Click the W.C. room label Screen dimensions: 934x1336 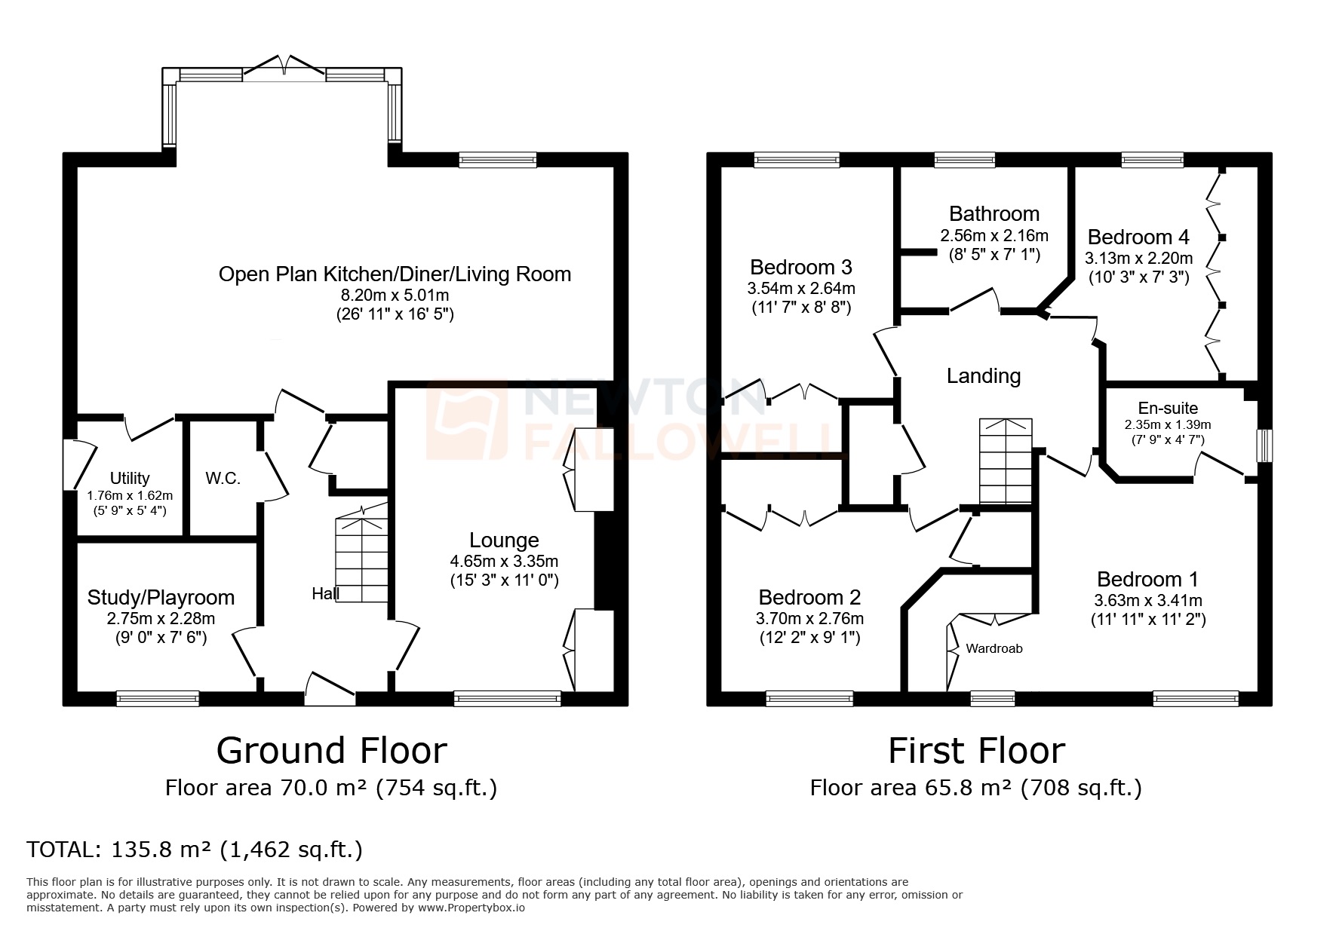click(223, 479)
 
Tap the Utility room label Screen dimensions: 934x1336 click(130, 478)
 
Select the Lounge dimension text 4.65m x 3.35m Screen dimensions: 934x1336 click(504, 562)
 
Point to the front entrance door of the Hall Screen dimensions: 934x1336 click(330, 690)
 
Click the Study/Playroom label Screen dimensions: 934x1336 click(161, 598)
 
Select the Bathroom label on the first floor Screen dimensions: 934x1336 click(994, 214)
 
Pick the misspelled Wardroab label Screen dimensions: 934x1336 click(994, 648)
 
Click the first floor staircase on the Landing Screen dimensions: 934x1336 click(1005, 461)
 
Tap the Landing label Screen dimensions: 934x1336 click(984, 375)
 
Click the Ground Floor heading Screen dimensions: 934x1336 click(331, 751)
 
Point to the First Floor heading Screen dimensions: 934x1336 click(976, 751)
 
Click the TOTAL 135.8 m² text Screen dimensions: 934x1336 click(195, 850)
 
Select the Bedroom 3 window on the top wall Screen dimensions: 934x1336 click(796, 159)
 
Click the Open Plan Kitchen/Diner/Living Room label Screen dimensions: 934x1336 click(395, 274)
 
